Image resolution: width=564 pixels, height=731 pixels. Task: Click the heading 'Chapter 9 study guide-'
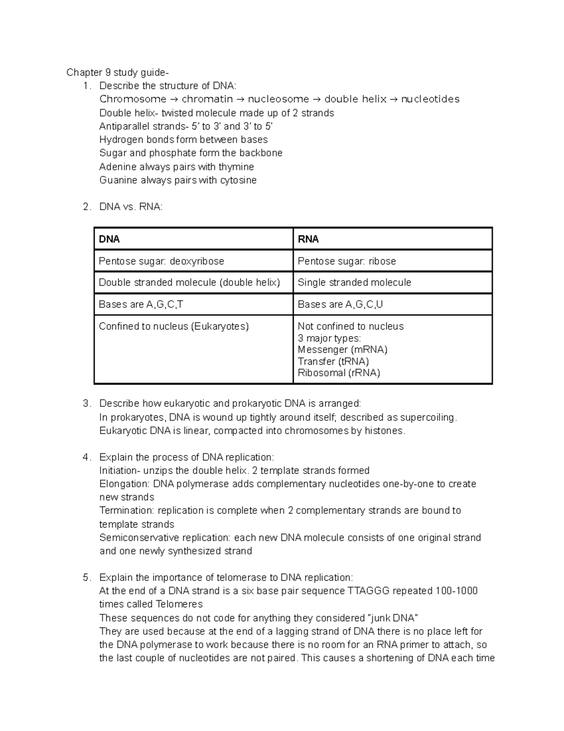117,72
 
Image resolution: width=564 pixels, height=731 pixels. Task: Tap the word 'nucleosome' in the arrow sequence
278,99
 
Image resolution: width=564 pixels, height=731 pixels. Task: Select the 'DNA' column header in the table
109,239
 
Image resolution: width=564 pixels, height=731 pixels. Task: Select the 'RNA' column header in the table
308,239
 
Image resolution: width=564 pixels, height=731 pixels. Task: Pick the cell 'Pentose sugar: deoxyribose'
161,261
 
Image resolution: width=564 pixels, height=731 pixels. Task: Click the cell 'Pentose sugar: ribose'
347,261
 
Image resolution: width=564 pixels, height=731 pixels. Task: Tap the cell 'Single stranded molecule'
354,282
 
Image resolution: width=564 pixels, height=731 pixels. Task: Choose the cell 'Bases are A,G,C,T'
141,305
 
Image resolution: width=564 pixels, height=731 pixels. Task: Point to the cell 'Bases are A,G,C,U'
340,305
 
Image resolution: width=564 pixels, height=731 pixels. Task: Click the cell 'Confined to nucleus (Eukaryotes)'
173,326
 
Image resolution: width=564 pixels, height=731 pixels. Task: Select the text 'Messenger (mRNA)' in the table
343,350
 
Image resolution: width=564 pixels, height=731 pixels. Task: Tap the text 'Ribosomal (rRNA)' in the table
339,373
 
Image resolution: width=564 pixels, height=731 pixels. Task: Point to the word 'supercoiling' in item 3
427,418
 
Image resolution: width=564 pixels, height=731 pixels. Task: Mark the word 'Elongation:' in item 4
124,484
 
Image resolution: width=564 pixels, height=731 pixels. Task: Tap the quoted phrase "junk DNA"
392,618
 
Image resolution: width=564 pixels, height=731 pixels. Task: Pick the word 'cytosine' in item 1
238,180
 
